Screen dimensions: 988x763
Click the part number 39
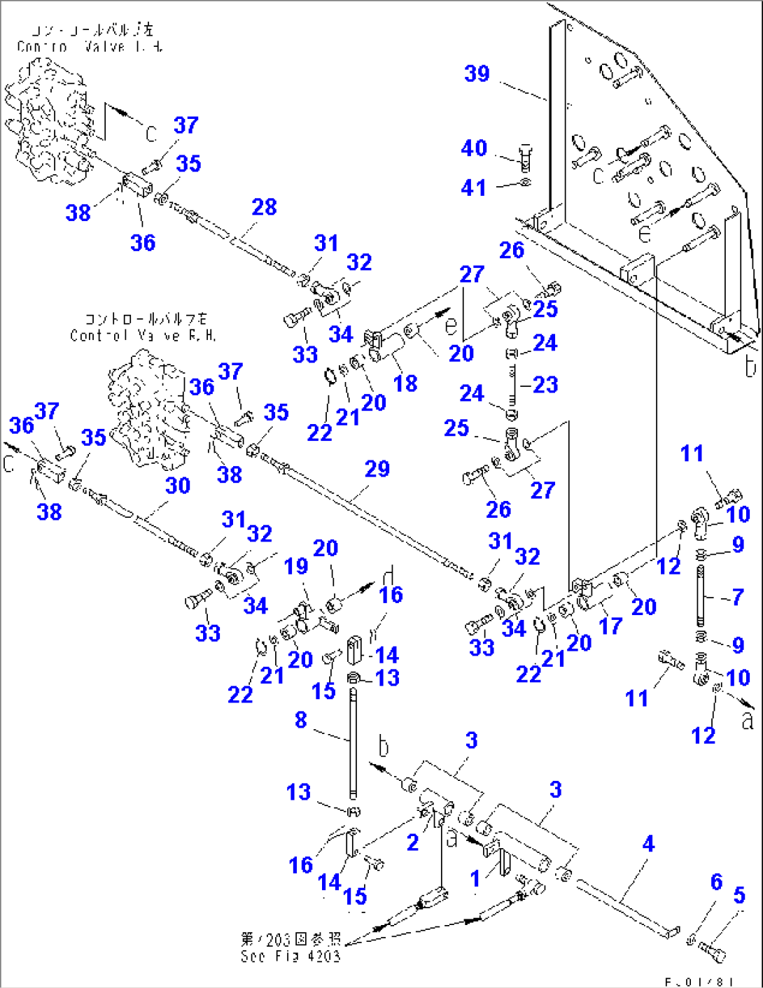click(477, 73)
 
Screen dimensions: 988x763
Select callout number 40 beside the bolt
click(474, 148)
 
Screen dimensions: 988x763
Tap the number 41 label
click(473, 188)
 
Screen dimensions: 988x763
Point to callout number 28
click(264, 207)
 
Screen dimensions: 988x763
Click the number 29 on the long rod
click(377, 469)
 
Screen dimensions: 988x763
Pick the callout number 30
click(177, 486)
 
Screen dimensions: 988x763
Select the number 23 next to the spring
click(545, 385)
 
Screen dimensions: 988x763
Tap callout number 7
click(737, 597)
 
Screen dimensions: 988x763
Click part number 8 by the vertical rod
click(300, 719)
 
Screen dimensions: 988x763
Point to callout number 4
click(648, 844)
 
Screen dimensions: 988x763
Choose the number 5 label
click(739, 895)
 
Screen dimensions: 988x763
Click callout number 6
click(716, 882)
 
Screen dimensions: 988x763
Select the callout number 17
click(610, 626)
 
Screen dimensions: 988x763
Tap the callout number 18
click(405, 383)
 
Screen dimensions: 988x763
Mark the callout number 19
click(296, 565)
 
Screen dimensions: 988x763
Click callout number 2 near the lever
click(412, 842)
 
